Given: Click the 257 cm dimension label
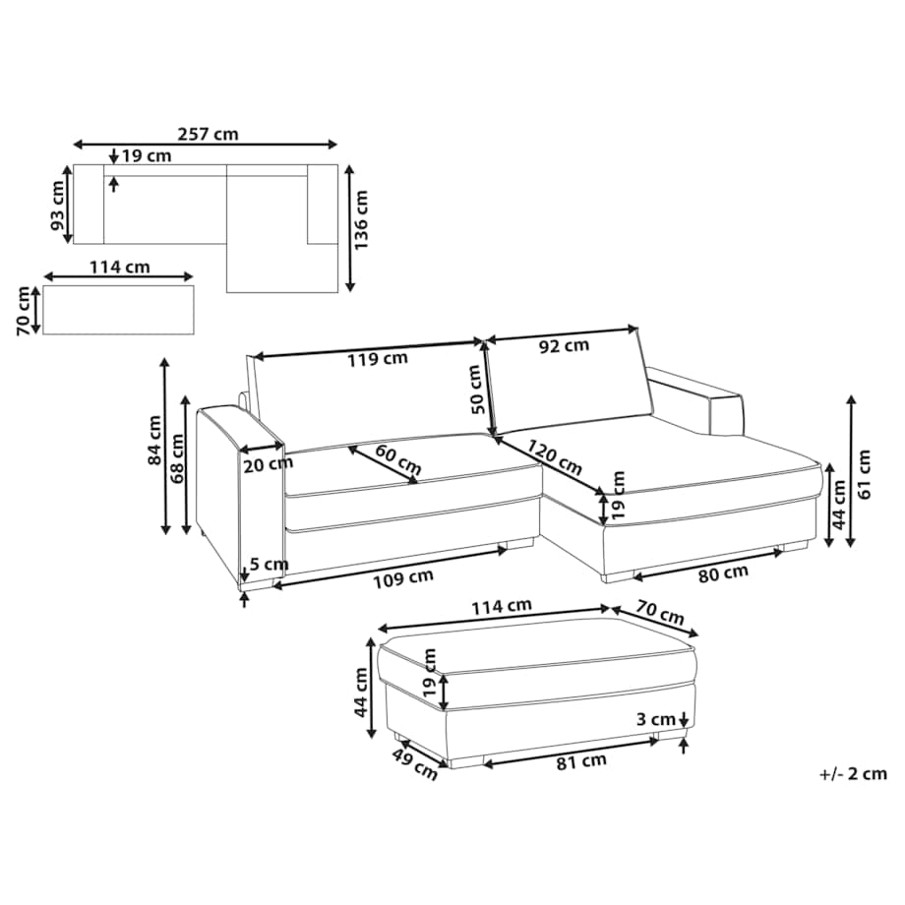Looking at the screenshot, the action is [208, 135].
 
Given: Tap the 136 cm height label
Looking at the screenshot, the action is [361, 220].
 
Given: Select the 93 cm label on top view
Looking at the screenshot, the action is [59, 205].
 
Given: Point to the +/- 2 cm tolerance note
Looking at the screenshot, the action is [853, 773].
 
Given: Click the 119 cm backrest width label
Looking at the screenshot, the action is [378, 359].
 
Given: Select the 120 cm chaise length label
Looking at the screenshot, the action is [554, 457].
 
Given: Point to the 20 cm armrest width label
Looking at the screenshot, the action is [268, 463].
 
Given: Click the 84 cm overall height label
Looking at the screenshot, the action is [154, 441].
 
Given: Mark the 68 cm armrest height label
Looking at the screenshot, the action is [177, 458].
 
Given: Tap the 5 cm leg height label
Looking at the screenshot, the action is [269, 564].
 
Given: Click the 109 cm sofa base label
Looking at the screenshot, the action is [402, 577].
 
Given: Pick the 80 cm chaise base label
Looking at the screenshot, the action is [723, 573].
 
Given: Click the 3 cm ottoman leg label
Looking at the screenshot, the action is [656, 720].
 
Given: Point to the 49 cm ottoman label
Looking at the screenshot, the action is [415, 764].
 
